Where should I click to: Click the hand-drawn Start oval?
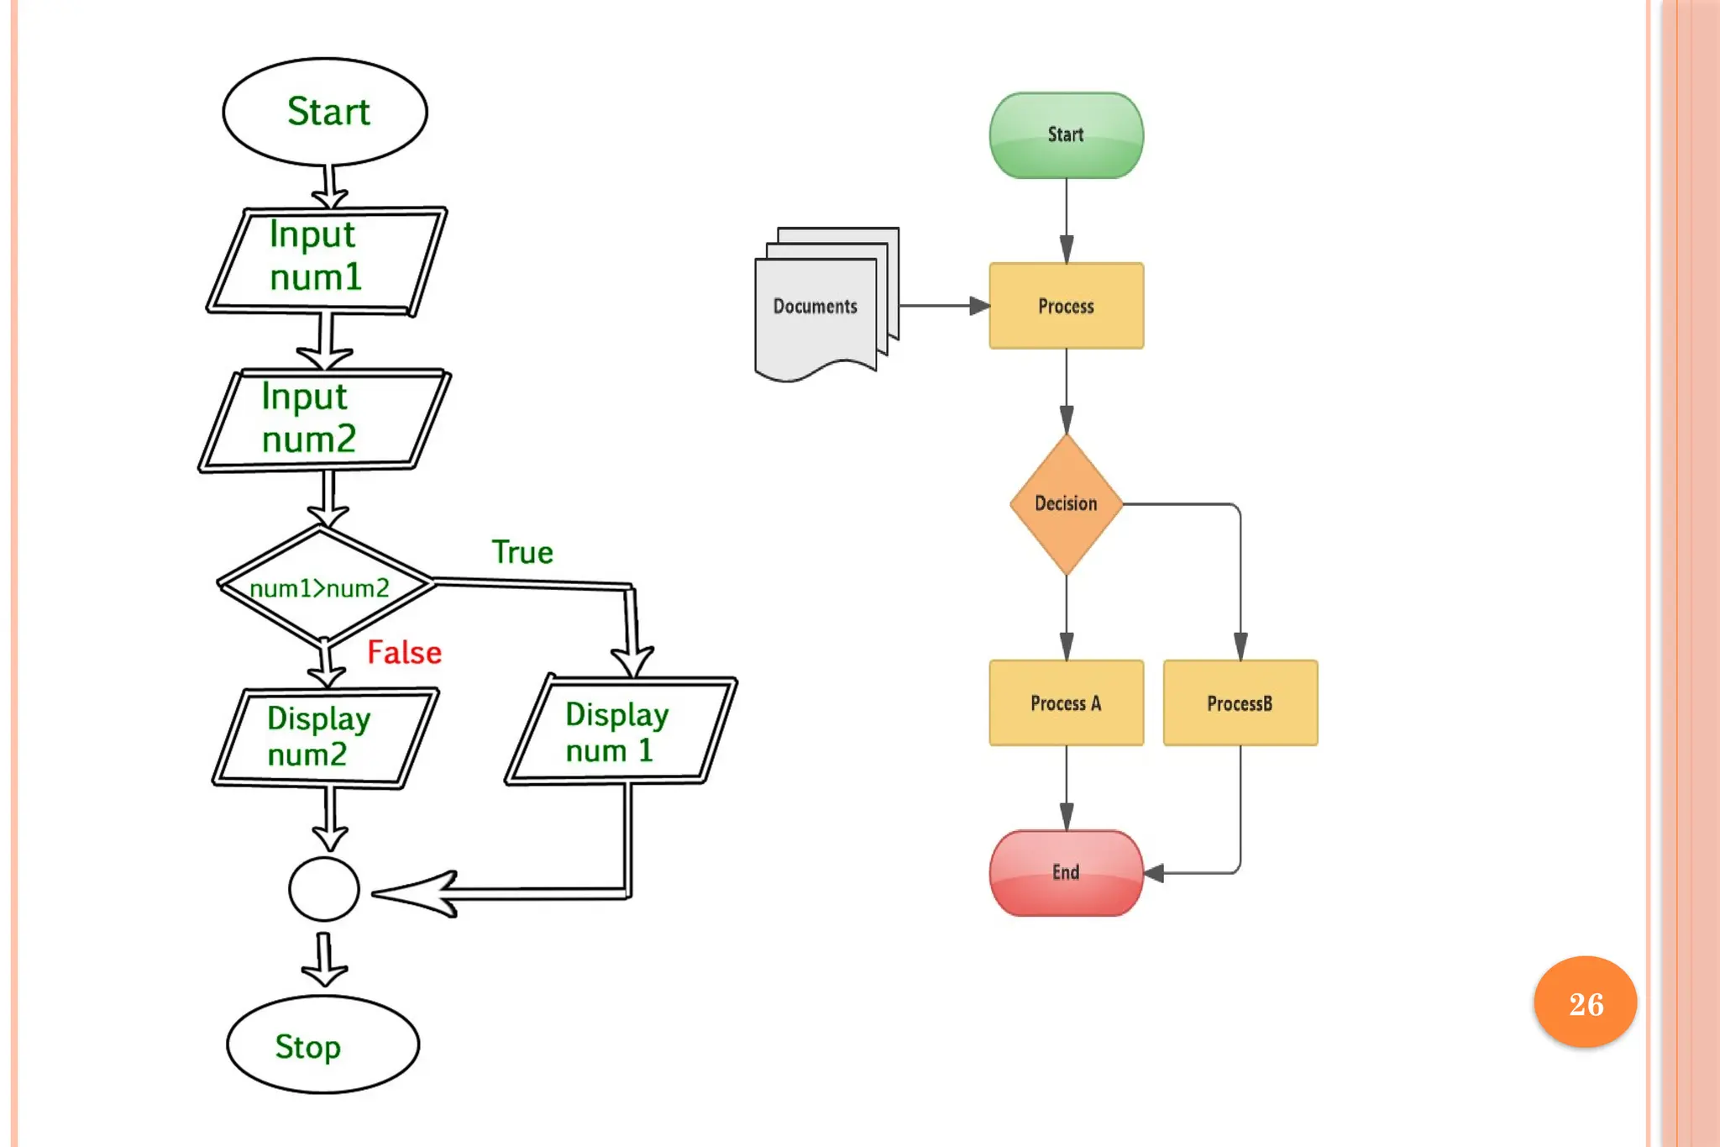click(x=325, y=111)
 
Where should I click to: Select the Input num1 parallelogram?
click(x=327, y=260)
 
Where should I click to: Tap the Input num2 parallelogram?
click(x=324, y=420)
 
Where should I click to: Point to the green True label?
click(x=522, y=552)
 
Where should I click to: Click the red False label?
click(x=404, y=652)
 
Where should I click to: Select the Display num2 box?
click(x=326, y=738)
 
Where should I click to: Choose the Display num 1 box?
click(x=621, y=729)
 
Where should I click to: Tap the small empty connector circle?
click(x=324, y=889)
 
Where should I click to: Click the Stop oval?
click(x=323, y=1044)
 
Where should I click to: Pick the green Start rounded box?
click(x=1067, y=135)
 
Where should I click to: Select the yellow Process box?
click(x=1067, y=306)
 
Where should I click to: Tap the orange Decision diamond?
click(x=1067, y=504)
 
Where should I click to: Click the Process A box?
click(x=1067, y=702)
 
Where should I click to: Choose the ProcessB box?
click(x=1240, y=702)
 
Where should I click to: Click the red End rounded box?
click(x=1067, y=873)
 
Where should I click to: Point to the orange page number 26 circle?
click(x=1586, y=1002)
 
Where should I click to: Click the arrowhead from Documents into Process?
click(x=980, y=306)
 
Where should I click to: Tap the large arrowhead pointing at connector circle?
click(x=414, y=893)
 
